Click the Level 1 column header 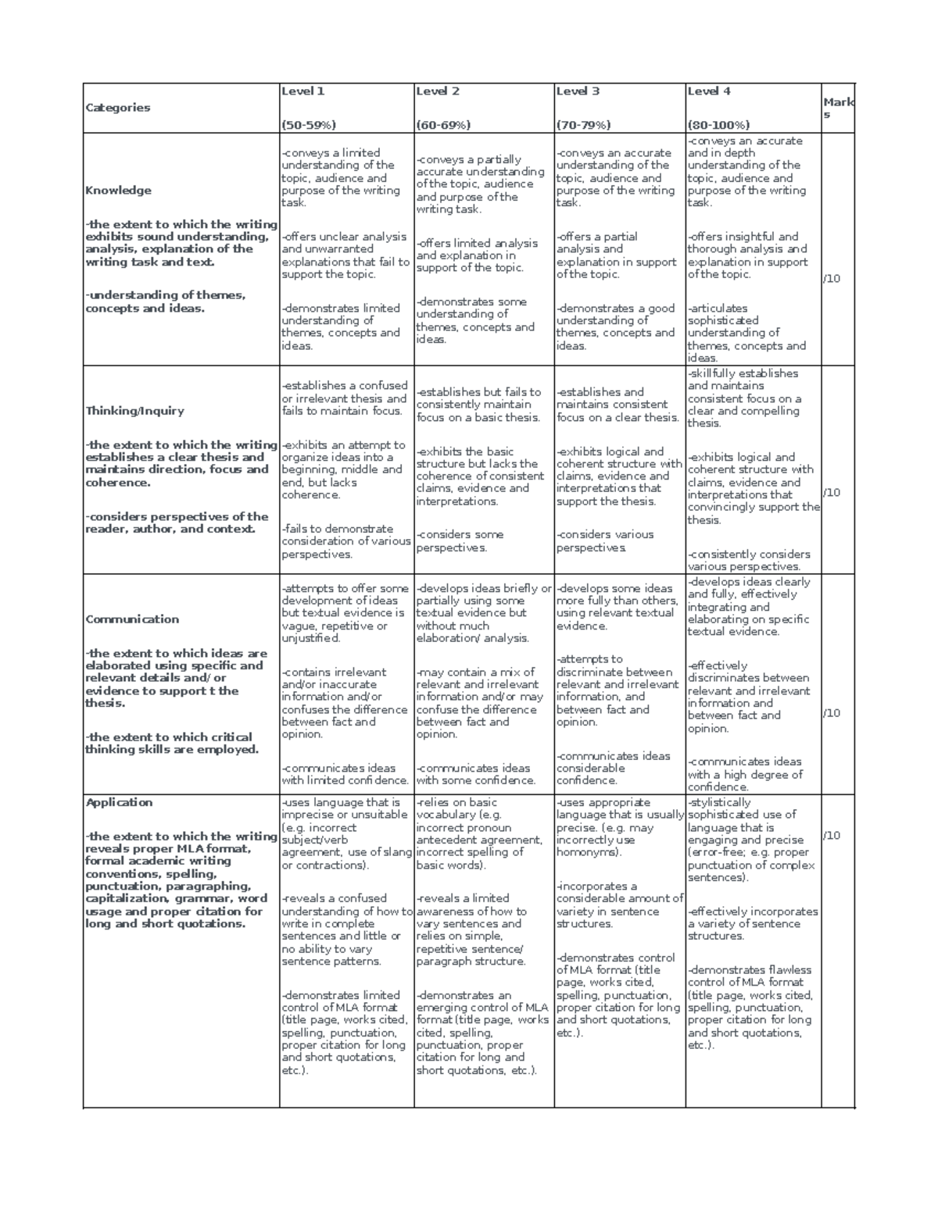point(303,91)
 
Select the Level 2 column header point(438,91)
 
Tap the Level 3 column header point(578,91)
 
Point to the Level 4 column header point(709,91)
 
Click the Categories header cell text point(117,108)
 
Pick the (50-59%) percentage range point(309,125)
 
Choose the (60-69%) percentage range point(444,125)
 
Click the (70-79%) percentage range point(583,125)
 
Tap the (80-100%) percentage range point(718,125)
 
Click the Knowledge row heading point(118,191)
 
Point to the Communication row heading point(132,619)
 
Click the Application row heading point(119,802)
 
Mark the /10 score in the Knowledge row point(832,279)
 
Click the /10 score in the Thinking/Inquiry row point(832,493)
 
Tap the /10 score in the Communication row point(832,713)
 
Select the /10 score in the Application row point(832,836)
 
